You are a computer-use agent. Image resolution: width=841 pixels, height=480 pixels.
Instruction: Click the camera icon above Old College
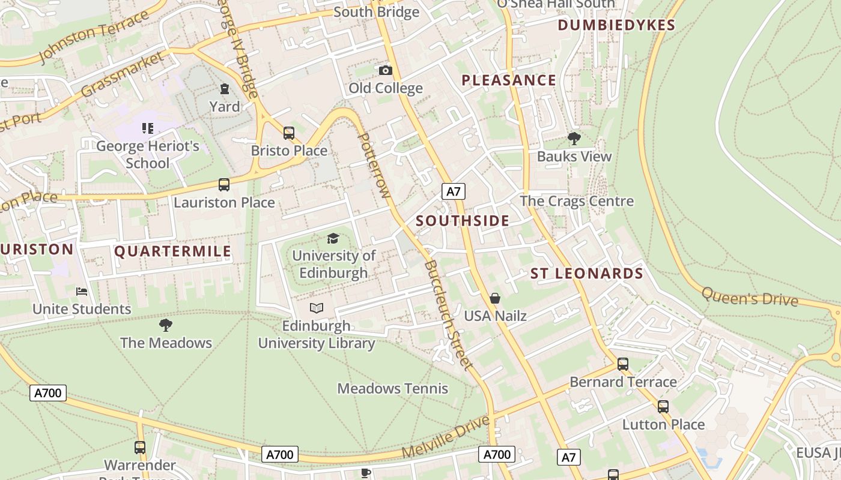point(386,71)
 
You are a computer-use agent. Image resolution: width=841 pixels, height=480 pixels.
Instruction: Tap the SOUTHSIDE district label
point(463,221)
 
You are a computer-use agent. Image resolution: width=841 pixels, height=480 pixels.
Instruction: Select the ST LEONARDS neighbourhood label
point(587,274)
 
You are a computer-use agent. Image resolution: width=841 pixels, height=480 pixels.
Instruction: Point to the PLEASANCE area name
point(509,80)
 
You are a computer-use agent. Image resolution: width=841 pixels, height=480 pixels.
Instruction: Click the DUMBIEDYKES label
point(616,25)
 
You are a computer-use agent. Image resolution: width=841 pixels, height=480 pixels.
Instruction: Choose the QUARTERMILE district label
point(173,251)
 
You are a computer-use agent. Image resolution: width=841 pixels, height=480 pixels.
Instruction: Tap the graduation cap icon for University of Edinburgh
point(333,239)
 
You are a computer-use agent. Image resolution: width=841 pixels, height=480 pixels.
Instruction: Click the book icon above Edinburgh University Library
point(317,308)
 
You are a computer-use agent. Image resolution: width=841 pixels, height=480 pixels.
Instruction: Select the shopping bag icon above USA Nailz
point(495,298)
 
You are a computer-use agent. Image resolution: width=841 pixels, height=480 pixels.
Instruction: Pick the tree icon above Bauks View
point(574,139)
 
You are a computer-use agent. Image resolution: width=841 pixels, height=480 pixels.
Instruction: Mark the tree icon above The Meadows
point(166,326)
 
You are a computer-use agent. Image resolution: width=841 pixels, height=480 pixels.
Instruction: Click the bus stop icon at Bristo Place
point(289,133)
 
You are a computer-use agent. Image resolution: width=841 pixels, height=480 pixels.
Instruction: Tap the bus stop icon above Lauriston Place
point(224,185)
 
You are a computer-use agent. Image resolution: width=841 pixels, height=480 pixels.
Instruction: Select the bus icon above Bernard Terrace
point(623,364)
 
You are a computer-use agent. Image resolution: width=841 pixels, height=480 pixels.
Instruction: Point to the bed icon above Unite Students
point(82,292)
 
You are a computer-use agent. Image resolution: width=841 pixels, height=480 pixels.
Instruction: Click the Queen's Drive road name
point(750,296)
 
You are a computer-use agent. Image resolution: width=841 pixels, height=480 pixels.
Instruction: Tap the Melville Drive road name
point(446,436)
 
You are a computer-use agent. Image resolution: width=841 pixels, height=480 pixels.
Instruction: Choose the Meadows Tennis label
point(393,389)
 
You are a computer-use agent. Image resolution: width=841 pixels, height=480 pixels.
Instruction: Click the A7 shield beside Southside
point(454,191)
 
